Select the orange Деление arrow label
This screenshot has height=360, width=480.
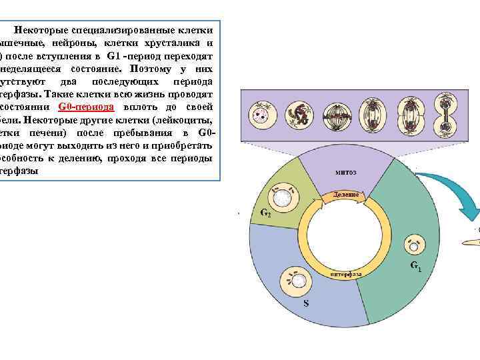click(346, 195)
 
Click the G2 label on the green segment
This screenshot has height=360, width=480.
click(265, 215)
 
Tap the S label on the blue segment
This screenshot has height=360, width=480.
click(306, 304)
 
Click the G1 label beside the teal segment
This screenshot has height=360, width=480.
click(415, 267)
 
